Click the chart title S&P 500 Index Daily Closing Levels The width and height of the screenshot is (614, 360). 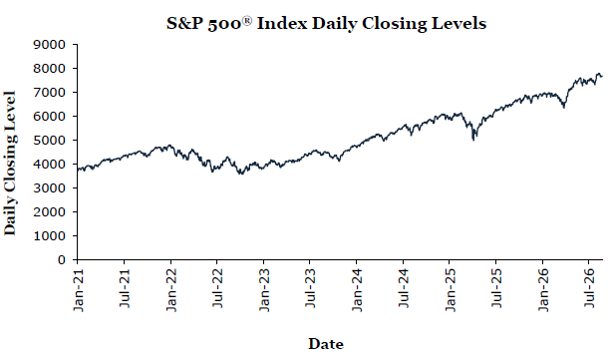(x=326, y=23)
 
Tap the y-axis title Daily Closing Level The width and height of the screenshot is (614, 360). (x=10, y=163)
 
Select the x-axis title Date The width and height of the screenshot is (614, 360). (x=326, y=344)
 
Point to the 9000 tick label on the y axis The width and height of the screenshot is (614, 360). (x=50, y=44)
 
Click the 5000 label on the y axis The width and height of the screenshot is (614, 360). (x=50, y=140)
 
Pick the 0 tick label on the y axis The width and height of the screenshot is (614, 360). (x=62, y=259)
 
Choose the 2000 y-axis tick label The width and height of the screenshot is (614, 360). (x=50, y=212)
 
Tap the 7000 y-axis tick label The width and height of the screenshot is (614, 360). (x=50, y=92)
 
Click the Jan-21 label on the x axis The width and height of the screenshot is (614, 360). (x=79, y=290)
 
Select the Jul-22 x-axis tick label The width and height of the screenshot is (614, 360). (x=217, y=288)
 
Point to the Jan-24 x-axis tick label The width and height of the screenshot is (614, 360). (x=357, y=290)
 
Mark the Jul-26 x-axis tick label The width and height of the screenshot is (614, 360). (x=589, y=288)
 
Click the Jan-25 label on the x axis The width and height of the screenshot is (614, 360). (x=450, y=290)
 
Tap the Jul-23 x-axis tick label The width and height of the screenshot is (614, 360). (x=311, y=288)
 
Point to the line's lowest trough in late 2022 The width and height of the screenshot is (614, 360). (x=241, y=174)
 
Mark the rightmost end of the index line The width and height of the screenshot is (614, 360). (x=602, y=76)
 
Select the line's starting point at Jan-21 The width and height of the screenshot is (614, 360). (x=78, y=170)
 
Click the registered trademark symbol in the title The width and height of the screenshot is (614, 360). (x=247, y=19)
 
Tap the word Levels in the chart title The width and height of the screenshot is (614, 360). (x=460, y=23)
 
